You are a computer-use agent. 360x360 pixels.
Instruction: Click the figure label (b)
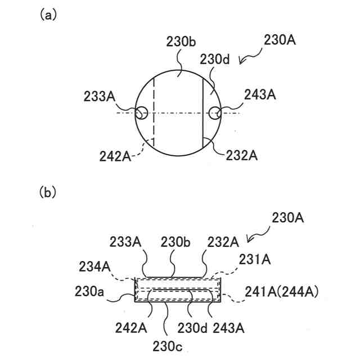click(47, 193)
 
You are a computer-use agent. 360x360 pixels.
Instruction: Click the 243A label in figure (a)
click(260, 96)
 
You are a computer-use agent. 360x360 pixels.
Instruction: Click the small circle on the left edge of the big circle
click(141, 113)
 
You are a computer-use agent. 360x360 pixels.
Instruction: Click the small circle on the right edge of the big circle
click(214, 113)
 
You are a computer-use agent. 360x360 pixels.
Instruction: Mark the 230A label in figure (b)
click(287, 218)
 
